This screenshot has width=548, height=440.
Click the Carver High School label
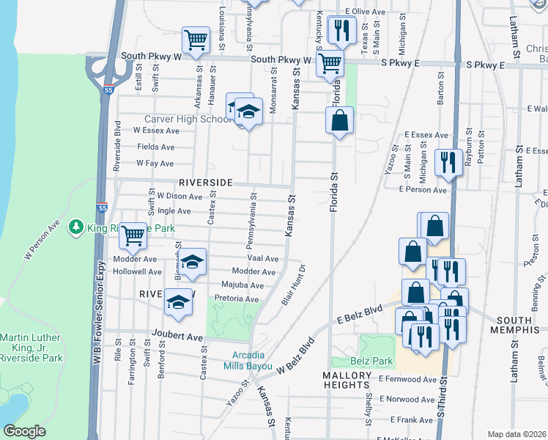187,120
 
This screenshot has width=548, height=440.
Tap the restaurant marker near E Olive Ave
341,30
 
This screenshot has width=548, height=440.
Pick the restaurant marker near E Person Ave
448,162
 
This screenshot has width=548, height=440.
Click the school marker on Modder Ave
192,262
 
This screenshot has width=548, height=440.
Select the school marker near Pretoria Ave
179,301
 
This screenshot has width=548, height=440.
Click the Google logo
25,431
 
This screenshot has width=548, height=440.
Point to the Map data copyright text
516,434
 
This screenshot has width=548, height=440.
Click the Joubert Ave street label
177,337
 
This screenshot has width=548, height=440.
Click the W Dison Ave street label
179,197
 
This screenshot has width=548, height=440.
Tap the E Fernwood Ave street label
407,379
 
